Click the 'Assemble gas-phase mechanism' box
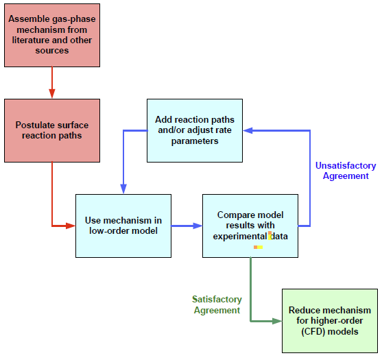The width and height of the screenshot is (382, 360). [x=52, y=35]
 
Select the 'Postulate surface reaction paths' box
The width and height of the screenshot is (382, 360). [x=52, y=130]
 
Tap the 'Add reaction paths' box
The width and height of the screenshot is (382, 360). [x=195, y=130]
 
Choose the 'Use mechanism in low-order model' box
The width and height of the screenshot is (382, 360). [x=123, y=226]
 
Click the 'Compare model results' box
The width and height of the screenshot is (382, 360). [x=250, y=226]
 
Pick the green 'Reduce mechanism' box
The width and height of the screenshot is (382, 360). [x=329, y=321]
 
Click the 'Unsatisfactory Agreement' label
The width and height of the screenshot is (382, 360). [x=345, y=171]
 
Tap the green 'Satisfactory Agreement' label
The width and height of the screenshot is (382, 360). [x=217, y=305]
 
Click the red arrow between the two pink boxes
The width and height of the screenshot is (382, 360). [x=52, y=82]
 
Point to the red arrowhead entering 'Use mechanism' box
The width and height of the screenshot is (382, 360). [x=71, y=226]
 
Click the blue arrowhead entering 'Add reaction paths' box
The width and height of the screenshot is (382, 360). [x=249, y=130]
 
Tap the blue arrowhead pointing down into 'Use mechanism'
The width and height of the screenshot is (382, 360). [x=123, y=189]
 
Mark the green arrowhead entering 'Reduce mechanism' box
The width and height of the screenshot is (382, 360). [x=277, y=321]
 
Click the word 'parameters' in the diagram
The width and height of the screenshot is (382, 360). [x=195, y=141]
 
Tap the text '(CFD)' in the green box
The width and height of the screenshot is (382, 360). [x=306, y=332]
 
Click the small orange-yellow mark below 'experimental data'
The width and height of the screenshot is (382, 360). [x=259, y=247]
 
